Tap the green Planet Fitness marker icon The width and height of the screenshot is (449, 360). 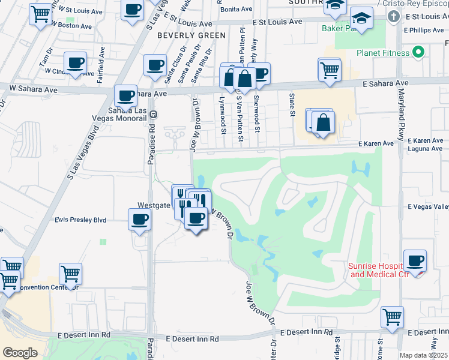(418, 52)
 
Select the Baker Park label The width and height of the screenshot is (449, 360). (339, 28)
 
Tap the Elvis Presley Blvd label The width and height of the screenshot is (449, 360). (80, 220)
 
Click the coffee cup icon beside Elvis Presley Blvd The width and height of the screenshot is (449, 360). (140, 219)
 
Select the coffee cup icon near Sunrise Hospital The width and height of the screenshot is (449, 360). (415, 260)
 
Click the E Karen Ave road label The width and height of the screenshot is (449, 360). (376, 144)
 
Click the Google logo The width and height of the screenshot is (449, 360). (20, 353)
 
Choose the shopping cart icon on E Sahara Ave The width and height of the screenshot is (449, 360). (330, 70)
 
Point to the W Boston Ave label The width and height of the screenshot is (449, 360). (71, 26)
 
